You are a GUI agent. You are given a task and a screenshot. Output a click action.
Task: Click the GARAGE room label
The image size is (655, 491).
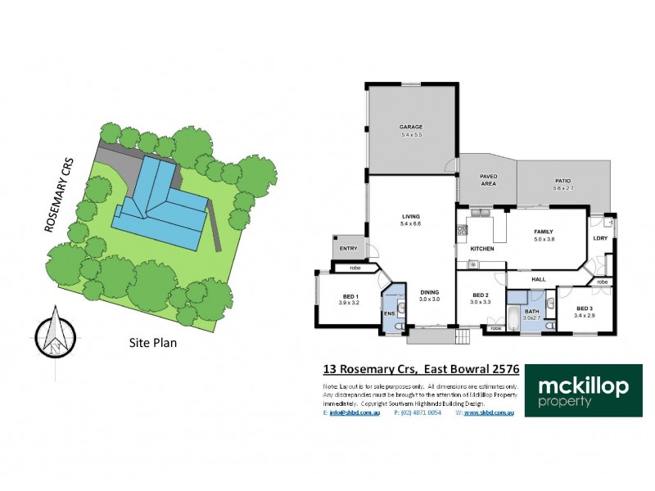click(410, 128)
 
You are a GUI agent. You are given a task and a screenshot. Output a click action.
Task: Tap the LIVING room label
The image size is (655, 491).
click(410, 216)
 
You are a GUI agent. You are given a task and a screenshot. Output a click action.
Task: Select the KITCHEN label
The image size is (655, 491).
click(481, 248)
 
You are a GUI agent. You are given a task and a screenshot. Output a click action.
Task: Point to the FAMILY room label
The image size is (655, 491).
click(544, 232)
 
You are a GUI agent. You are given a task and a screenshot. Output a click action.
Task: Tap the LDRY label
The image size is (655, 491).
click(600, 238)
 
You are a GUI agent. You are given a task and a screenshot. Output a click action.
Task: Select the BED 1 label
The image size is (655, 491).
click(350, 297)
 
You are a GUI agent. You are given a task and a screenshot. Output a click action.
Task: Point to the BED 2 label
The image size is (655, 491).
click(480, 296)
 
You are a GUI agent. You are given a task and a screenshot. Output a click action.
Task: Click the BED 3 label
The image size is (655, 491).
click(585, 309)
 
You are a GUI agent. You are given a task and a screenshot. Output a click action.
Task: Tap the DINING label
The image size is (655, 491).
click(431, 292)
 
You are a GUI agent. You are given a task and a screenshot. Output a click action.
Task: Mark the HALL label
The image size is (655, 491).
click(539, 279)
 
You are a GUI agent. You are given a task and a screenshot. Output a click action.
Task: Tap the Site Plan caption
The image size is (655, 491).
click(153, 343)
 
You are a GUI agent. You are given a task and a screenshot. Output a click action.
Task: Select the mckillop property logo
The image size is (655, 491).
click(583, 391)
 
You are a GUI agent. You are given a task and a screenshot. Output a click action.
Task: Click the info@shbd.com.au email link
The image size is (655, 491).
click(354, 412)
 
